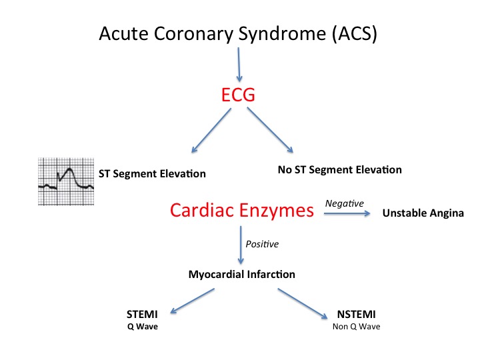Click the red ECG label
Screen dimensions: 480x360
238,95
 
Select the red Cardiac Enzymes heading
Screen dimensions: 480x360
242,211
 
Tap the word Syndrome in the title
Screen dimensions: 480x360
281,34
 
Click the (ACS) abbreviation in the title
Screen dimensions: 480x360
355,33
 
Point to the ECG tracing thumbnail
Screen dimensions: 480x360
66,181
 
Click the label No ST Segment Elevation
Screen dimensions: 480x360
340,169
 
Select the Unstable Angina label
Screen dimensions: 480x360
423,213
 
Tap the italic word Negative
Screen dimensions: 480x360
345,203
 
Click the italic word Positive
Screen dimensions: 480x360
262,244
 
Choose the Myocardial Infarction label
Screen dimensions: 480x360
242,274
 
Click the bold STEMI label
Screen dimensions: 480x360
142,315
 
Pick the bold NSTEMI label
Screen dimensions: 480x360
356,315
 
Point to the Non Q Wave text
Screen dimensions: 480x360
356,327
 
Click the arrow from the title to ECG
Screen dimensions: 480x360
239,65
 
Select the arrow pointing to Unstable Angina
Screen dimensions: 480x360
347,213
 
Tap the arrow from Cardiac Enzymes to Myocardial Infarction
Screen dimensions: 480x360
241,245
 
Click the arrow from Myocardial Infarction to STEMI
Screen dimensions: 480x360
192,301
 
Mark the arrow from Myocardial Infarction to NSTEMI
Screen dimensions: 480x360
303,303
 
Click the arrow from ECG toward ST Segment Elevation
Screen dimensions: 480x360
211,130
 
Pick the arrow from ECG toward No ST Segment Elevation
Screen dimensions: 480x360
270,130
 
